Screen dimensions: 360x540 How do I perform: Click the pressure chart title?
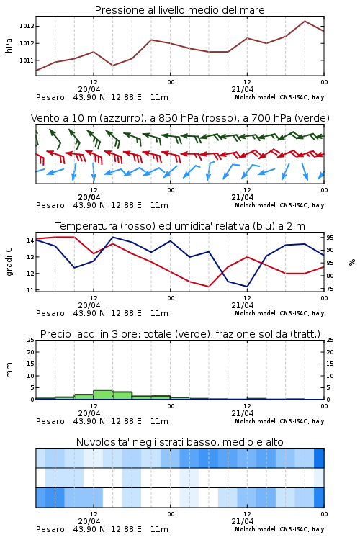tap(179, 10)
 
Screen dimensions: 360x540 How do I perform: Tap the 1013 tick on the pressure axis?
tap(27, 26)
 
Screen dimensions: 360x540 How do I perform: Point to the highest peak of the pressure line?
tap(305, 21)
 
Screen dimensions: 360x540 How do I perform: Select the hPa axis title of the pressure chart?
tap(9, 45)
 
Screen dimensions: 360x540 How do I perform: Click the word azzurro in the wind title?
tap(120, 118)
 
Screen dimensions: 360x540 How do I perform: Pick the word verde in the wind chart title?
tap(312, 118)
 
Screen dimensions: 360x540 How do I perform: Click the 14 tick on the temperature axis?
tap(30, 240)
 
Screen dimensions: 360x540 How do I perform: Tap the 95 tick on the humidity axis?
tap(330, 238)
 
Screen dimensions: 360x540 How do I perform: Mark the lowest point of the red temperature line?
tap(208, 287)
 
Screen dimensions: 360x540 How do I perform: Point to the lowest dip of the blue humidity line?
tap(247, 287)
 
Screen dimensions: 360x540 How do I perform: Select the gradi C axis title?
tap(9, 262)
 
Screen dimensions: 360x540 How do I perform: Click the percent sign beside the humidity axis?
tap(352, 262)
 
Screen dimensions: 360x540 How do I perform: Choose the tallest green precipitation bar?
tap(103, 395)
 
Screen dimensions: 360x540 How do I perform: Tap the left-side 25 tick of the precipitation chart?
tap(30, 340)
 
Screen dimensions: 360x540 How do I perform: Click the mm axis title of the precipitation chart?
tap(9, 370)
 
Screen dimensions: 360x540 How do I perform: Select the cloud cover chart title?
tap(179, 442)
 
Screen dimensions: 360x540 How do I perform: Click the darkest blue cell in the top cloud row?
tap(319, 458)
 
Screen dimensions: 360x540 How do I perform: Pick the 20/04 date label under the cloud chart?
tap(89, 521)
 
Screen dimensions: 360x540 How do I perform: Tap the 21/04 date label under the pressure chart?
tap(242, 89)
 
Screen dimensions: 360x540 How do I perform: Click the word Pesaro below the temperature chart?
tap(50, 313)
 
